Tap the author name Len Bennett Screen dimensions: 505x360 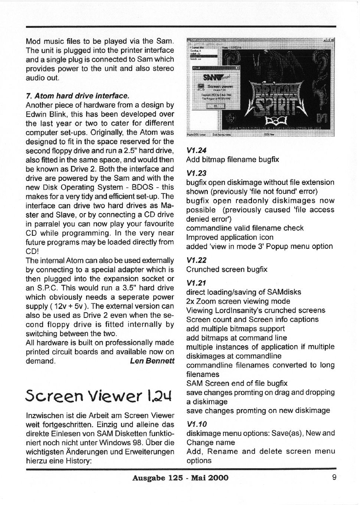tap(152, 361)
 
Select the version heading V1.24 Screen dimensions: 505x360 tap(196, 150)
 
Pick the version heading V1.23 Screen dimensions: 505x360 tap(196, 173)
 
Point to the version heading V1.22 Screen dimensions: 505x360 tap(196, 260)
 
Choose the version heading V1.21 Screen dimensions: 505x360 tap(196, 283)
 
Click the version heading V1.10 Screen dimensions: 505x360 tap(196, 424)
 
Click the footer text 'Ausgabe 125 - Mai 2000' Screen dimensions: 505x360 tap(180, 478)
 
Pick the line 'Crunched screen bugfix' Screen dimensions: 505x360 tap(226, 269)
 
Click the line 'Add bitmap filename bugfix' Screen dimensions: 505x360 tap(232, 160)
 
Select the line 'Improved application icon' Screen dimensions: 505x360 tap(230, 237)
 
